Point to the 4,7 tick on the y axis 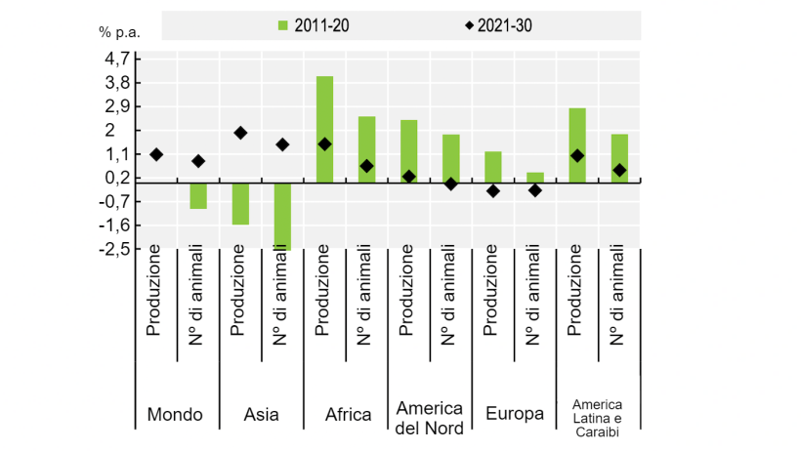pyautogui.click(x=115, y=59)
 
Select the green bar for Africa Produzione pyautogui.click(x=324, y=129)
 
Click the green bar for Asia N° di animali pyautogui.click(x=282, y=216)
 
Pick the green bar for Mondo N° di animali pyautogui.click(x=198, y=195)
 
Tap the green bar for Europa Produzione pyautogui.click(x=493, y=167)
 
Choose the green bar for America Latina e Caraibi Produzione pyautogui.click(x=577, y=144)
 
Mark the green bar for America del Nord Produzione pyautogui.click(x=408, y=150)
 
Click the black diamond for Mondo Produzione pyautogui.click(x=156, y=154)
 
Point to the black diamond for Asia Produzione pyautogui.click(x=240, y=133)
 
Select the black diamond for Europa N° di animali pyautogui.click(x=535, y=190)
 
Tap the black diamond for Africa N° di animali pyautogui.click(x=366, y=166)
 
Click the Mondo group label pyautogui.click(x=175, y=414)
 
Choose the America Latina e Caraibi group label pyautogui.click(x=598, y=414)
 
